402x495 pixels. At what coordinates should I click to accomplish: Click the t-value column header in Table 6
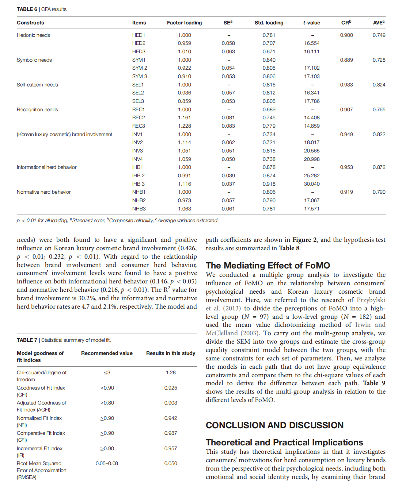click(x=311, y=23)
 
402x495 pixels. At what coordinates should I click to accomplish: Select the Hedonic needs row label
click(x=33, y=35)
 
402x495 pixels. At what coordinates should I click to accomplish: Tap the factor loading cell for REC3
click(x=184, y=126)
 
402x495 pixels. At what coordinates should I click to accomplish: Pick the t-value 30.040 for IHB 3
click(x=311, y=184)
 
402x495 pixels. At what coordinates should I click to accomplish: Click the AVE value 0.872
click(x=379, y=167)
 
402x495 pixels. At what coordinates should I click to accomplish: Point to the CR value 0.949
click(x=346, y=134)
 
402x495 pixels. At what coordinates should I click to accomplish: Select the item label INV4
click(x=137, y=159)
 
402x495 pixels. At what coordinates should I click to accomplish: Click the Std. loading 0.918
click(x=269, y=184)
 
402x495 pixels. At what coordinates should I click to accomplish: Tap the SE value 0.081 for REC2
click(x=228, y=117)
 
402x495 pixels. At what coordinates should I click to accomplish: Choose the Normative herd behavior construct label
click(x=43, y=192)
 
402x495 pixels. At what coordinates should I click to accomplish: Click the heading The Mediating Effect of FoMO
click(x=268, y=265)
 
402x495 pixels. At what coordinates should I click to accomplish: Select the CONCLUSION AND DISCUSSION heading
click(x=274, y=425)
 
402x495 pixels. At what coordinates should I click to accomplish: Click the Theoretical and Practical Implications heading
click(x=284, y=442)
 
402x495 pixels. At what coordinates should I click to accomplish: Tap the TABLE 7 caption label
click(x=27, y=340)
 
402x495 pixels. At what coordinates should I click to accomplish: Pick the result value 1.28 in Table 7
click(x=171, y=372)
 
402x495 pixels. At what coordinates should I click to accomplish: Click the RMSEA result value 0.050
click(x=171, y=463)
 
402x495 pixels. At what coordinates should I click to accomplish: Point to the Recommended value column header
click(x=107, y=353)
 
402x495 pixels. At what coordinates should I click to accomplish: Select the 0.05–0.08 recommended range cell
click(x=107, y=463)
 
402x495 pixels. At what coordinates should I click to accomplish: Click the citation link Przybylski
click(x=371, y=300)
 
